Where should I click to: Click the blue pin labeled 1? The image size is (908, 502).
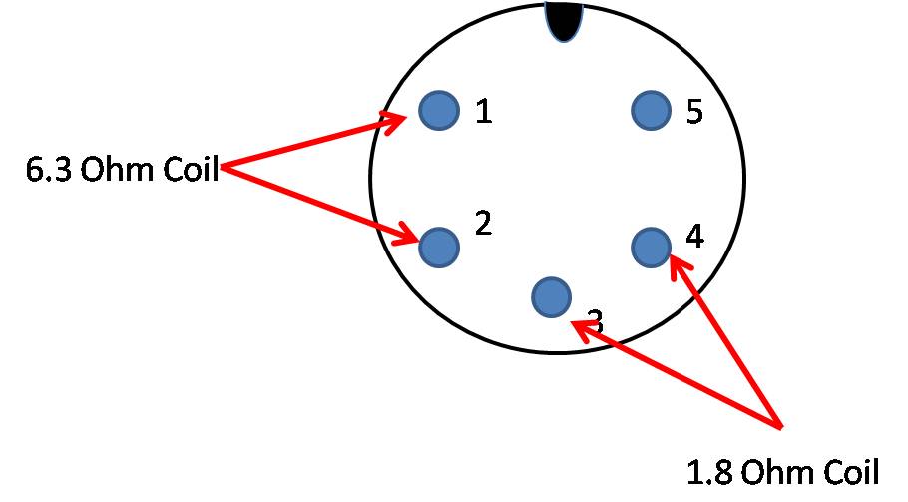tap(439, 110)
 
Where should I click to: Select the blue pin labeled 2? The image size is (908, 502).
tap(439, 248)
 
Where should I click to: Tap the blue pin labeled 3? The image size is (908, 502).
tap(551, 297)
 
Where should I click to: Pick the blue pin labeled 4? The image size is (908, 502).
tap(651, 248)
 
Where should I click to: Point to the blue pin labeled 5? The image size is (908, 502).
tap(651, 110)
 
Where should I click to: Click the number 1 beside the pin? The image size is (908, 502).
tap(484, 111)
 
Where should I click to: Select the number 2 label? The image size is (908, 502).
tap(483, 223)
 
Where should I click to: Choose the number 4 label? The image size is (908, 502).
tap(694, 236)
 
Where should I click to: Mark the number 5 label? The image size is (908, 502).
tap(694, 111)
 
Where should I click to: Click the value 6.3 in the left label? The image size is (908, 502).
tap(49, 169)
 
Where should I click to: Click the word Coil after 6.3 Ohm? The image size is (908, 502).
tap(191, 169)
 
